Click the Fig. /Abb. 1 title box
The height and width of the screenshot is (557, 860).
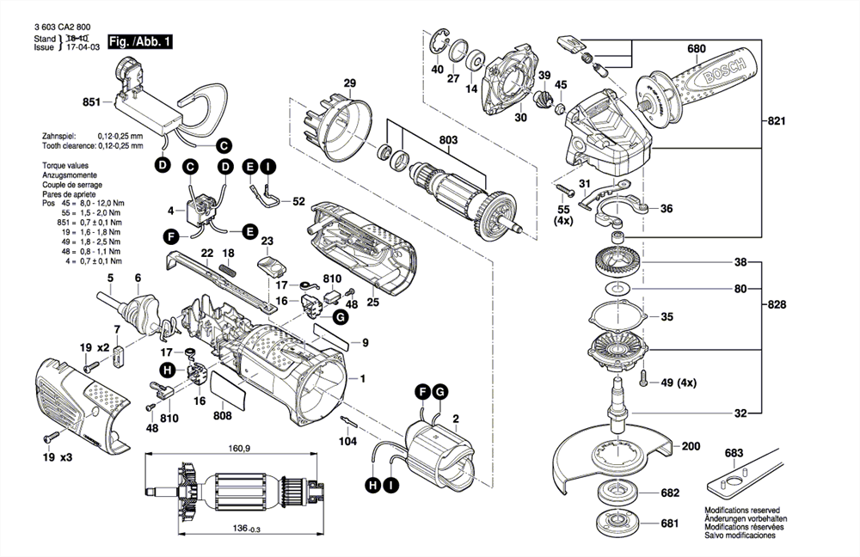(x=141, y=41)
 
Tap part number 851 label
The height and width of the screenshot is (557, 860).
(x=92, y=102)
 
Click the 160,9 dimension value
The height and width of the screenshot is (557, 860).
(x=240, y=450)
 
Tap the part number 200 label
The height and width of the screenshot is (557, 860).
(x=691, y=446)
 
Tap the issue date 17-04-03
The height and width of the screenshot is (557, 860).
(x=83, y=48)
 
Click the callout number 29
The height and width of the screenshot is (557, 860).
(x=350, y=83)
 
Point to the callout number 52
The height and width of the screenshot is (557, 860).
(x=298, y=202)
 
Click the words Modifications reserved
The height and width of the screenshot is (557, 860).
(x=743, y=511)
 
